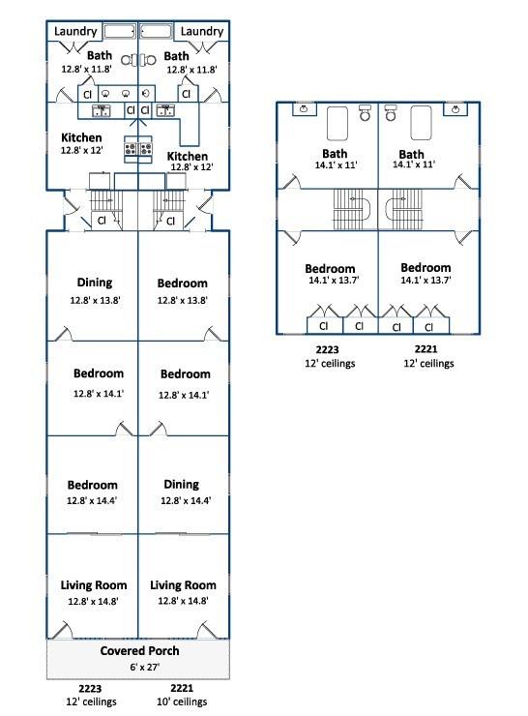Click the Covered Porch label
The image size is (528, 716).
pos(139,651)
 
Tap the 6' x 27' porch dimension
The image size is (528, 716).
pos(144,668)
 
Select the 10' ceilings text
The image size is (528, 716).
pos(182,701)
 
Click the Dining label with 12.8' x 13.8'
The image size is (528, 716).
pos(95,283)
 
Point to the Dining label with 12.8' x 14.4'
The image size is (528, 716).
pos(181,485)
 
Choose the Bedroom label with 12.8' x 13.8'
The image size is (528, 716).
pos(182,283)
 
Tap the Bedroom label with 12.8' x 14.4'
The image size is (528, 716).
pos(92,485)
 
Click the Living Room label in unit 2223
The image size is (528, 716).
pos(94,585)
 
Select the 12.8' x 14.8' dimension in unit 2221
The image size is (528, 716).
pos(183,601)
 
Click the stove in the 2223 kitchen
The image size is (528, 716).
pos(131,148)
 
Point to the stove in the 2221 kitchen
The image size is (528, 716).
pos(146,148)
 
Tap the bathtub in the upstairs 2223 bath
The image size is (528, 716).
pos(337,123)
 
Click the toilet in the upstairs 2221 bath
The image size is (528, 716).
pos(391,112)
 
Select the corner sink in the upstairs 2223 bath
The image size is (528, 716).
pos(303,109)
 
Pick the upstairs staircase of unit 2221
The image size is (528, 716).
pos(404,209)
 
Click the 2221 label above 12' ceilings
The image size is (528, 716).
pos(425,349)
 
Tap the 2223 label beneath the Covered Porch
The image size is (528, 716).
pos(90,688)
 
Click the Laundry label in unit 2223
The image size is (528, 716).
pos(75,31)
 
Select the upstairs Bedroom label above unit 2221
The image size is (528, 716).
pos(425,268)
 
